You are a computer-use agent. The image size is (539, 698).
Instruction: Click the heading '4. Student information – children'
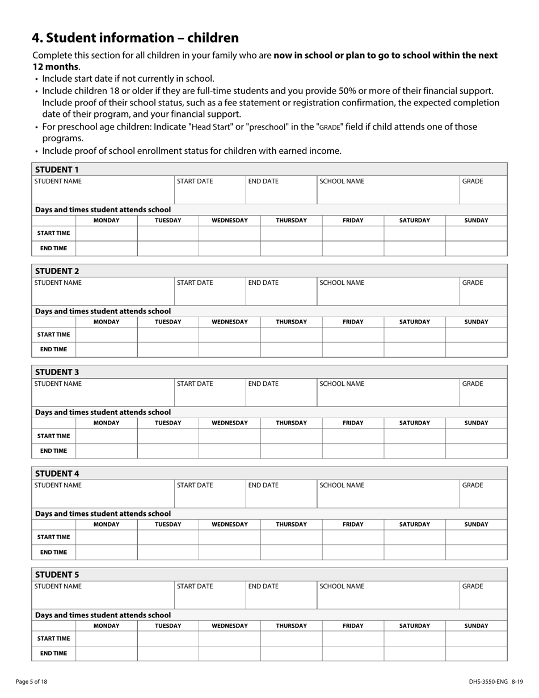136,38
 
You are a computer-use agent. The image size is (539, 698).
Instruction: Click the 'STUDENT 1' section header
57,169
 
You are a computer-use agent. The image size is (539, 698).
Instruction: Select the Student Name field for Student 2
103,292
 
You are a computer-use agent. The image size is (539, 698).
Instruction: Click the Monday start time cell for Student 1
106,233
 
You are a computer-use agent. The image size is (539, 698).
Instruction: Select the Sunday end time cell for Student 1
476,249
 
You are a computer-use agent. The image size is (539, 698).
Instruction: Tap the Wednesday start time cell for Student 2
229,335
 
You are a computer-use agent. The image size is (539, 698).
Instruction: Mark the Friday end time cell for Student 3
353,451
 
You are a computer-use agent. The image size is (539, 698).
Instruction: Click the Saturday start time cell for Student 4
414,537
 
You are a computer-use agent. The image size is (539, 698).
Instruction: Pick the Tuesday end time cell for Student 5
168,654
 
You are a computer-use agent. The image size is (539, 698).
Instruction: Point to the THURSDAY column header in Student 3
291,423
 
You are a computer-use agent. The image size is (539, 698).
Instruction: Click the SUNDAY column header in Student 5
476,625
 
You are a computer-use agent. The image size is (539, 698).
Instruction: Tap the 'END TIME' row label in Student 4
53,552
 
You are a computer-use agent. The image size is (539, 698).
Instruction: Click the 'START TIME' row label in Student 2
53,335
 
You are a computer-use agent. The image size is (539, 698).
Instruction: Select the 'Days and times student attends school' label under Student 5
103,615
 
